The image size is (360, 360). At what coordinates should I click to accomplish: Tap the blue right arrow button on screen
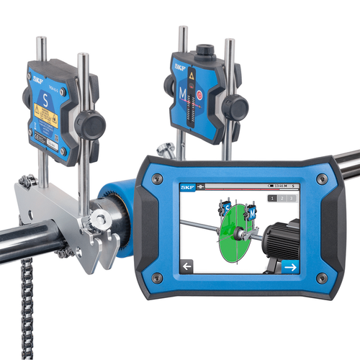coord(290,266)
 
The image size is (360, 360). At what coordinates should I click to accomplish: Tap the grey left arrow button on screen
coord(189,266)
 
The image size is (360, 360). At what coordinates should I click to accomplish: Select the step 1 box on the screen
coord(272,198)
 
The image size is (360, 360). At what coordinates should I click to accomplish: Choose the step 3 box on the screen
coord(292,198)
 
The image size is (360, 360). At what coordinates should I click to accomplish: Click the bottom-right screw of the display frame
coord(323,277)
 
